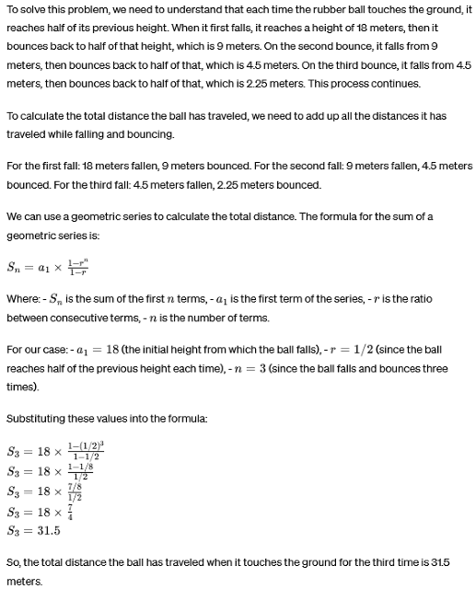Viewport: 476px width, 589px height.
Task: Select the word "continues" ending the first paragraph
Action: point(391,84)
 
